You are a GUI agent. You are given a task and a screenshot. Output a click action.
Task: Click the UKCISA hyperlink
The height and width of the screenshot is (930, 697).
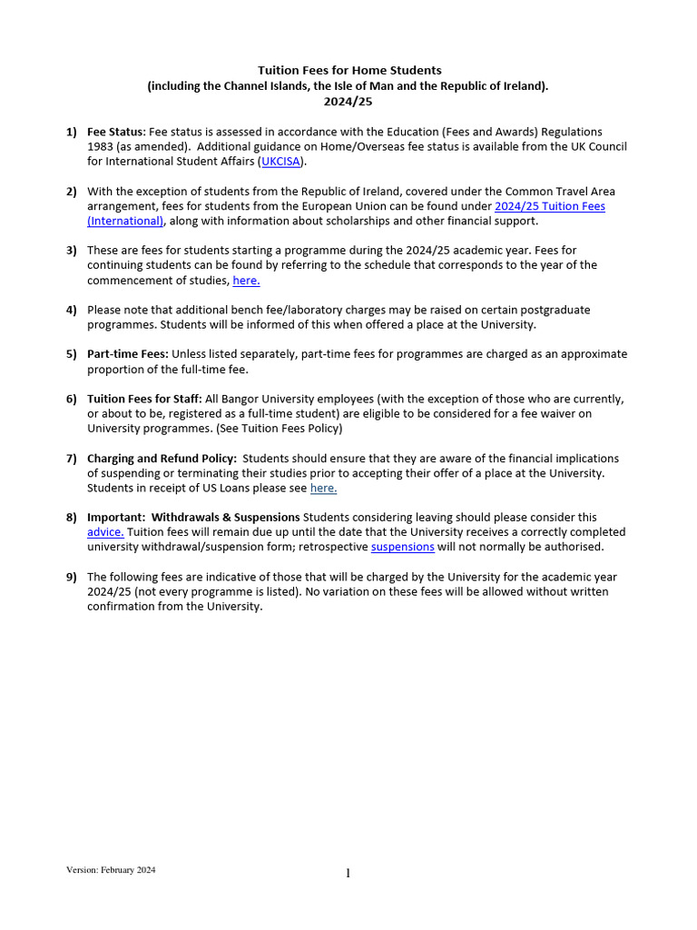pos(282,162)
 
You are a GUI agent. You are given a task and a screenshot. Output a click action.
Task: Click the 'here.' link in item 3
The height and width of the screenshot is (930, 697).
pos(246,281)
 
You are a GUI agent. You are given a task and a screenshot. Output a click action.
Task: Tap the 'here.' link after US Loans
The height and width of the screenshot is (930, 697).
pos(323,488)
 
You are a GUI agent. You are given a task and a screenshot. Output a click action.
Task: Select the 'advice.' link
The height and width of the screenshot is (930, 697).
pos(105,532)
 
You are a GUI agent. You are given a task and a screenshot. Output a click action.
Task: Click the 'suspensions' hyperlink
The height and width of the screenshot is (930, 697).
pos(402,547)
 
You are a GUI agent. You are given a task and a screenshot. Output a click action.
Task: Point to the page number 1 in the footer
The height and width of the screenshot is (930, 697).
pos(348,874)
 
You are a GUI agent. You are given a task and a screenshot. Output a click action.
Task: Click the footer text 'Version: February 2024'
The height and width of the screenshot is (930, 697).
pos(111,870)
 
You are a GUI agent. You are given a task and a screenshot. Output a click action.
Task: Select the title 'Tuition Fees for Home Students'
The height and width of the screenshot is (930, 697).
pos(349,70)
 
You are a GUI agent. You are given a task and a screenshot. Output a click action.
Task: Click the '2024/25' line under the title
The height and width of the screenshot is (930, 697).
pos(348,102)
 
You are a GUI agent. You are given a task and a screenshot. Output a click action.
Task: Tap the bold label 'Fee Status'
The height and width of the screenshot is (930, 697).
pos(115,133)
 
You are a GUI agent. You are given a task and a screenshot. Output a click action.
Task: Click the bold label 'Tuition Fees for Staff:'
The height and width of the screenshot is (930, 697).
pos(144,399)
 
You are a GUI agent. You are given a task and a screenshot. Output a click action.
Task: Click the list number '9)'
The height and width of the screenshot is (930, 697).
pos(71,577)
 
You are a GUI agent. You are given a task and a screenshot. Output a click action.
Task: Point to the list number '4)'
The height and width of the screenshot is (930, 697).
pos(71,310)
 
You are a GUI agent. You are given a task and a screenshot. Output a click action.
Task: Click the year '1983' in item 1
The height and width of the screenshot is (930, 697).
pos(101,147)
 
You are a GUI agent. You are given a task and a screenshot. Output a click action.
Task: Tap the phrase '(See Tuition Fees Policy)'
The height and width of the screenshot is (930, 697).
pos(280,429)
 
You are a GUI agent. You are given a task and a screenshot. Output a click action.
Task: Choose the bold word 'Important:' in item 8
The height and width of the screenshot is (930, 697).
pos(116,518)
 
